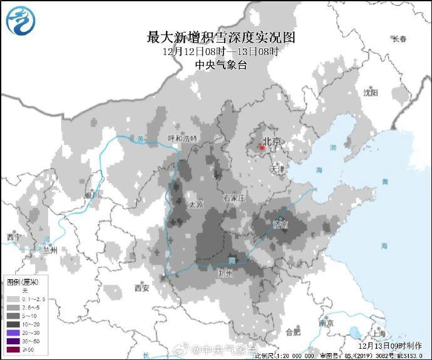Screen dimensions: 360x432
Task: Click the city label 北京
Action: (x=270, y=141)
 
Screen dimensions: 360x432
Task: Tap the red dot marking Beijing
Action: (x=262, y=148)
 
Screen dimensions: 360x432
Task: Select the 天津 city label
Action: (x=277, y=169)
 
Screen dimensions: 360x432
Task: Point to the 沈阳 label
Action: (x=371, y=93)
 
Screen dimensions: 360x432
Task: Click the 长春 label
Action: (x=399, y=39)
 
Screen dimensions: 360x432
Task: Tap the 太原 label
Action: (x=196, y=204)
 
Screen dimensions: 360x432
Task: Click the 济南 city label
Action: (x=280, y=224)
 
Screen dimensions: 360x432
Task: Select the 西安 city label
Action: (x=141, y=288)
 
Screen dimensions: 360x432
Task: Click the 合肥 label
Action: (x=292, y=332)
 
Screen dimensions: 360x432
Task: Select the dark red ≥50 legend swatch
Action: (x=13, y=348)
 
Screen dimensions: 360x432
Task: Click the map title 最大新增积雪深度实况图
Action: (x=220, y=37)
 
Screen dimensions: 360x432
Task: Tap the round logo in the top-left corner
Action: (x=21, y=19)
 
